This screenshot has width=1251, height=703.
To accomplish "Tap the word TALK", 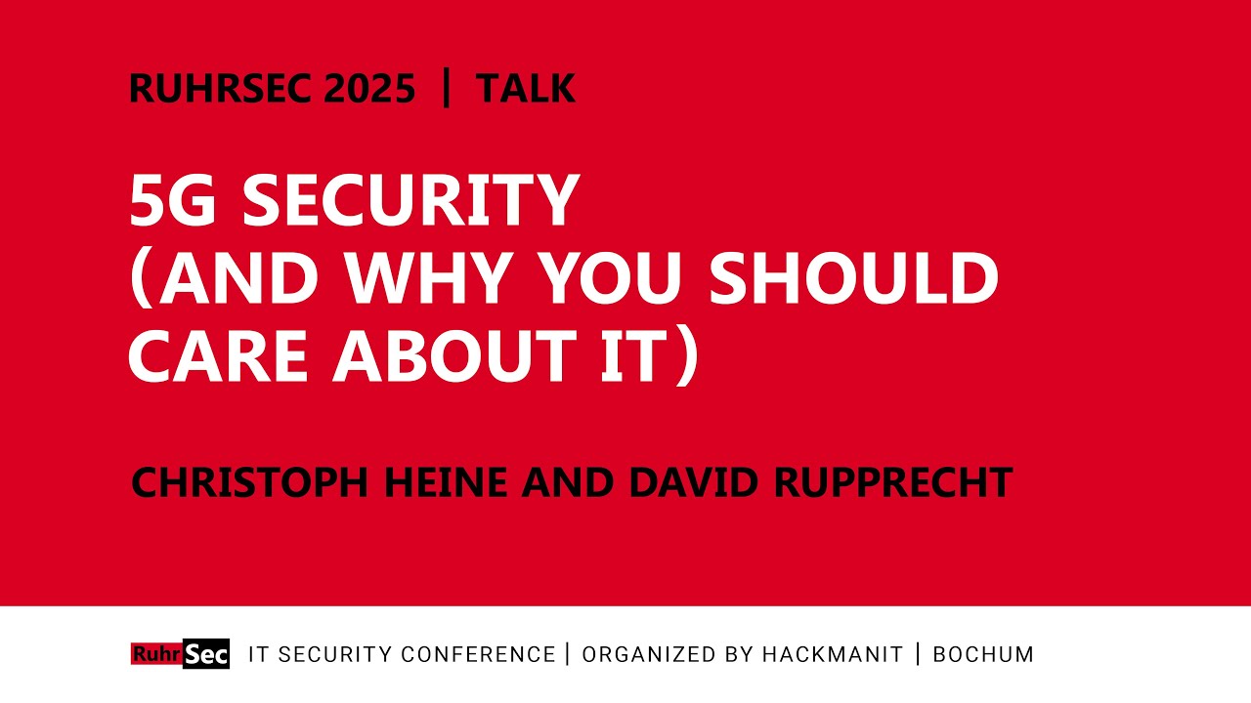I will point(526,89).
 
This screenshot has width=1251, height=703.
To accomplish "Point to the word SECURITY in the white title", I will point(410,201).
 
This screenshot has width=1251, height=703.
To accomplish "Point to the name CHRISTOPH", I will point(250,482).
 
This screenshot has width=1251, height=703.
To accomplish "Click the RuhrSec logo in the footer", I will point(180,653).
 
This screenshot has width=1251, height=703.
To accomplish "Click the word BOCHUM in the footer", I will point(983,654).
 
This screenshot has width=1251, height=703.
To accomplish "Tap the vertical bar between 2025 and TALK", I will point(447,89).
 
